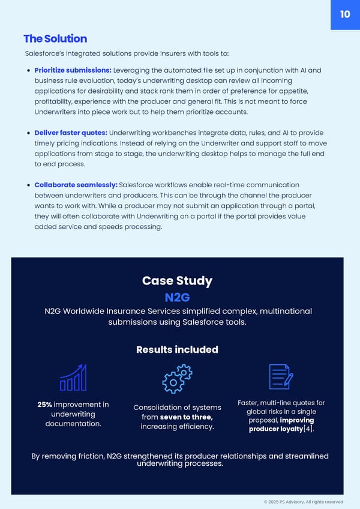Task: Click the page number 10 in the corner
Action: click(x=345, y=14)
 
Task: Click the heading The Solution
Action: click(x=55, y=38)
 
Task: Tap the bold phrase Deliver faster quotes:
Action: click(x=71, y=133)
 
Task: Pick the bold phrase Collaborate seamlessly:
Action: click(x=76, y=185)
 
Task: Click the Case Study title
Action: click(x=177, y=281)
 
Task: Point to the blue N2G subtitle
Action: click(x=177, y=298)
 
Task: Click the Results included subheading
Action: click(x=177, y=349)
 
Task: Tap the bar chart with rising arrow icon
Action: click(x=73, y=378)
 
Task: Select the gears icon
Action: click(x=177, y=379)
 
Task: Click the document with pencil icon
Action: click(x=281, y=378)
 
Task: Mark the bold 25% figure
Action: click(x=44, y=405)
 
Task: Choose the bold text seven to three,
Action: click(x=187, y=417)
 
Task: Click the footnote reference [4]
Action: click(x=307, y=429)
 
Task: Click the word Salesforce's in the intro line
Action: click(x=46, y=53)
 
